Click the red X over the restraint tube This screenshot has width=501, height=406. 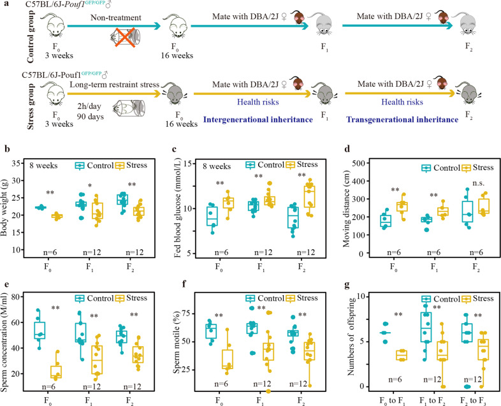click(x=124, y=38)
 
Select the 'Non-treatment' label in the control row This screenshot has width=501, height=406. click(x=115, y=18)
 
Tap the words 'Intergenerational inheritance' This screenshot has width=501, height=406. click(x=258, y=120)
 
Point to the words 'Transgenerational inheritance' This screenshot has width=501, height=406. click(x=402, y=120)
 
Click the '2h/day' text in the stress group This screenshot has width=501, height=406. click(x=89, y=106)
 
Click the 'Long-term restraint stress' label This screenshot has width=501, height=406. click(x=114, y=85)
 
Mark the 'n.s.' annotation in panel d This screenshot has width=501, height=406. click(x=479, y=183)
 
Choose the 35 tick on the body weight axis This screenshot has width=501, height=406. click(x=18, y=164)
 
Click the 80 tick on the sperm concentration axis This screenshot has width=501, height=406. click(x=17, y=297)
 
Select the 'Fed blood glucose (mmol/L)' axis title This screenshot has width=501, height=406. click(x=178, y=210)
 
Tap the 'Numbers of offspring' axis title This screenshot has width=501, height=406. click(x=351, y=337)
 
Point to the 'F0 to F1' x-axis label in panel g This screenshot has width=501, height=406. click(x=393, y=401)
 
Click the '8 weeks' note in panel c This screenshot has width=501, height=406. click(x=217, y=166)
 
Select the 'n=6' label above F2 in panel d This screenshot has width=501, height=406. click(x=476, y=252)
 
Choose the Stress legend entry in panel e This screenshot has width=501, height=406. click(x=131, y=298)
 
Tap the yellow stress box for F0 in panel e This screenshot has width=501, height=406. click(x=57, y=372)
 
